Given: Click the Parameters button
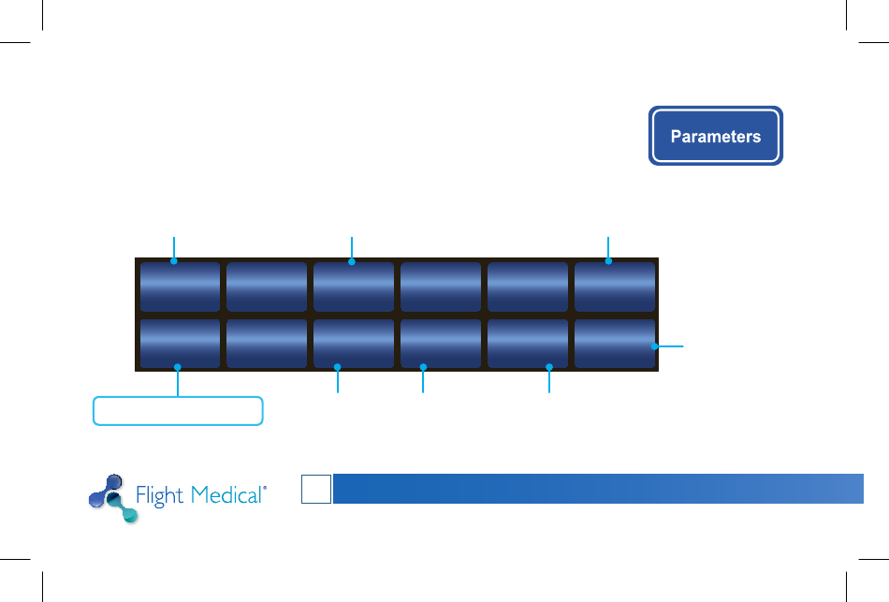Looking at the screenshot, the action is (716, 137).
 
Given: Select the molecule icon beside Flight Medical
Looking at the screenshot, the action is (110, 497).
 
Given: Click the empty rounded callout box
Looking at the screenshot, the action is (178, 411).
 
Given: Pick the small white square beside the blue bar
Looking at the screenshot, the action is (316, 489).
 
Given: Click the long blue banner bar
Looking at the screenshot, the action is (598, 489).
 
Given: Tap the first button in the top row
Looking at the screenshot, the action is (180, 286).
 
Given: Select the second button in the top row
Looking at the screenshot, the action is (267, 286).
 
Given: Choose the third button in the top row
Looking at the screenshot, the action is (354, 286).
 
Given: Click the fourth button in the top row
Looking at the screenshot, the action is (441, 286).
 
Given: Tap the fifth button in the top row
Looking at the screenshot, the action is (528, 286).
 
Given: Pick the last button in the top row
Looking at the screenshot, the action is (615, 286).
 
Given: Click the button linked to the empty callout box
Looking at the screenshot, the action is (180, 344).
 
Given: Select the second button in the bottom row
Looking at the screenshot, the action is (267, 344).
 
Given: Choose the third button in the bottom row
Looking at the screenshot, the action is (354, 344).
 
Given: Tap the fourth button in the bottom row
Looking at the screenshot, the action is (441, 344).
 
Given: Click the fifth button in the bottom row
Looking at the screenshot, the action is (528, 344).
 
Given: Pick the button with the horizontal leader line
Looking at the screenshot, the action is (615, 344).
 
